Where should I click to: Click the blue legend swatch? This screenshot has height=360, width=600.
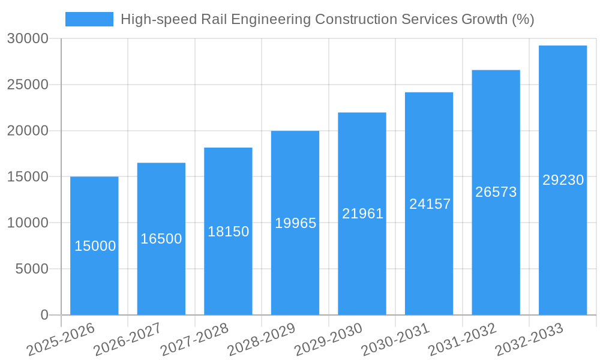[89, 19]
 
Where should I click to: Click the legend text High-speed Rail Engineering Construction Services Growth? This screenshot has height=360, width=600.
[327, 19]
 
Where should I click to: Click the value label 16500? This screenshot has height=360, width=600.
[161, 239]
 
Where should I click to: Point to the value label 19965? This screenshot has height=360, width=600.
[295, 223]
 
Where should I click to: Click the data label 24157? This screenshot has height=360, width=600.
[430, 204]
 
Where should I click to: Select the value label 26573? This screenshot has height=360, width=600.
[496, 192]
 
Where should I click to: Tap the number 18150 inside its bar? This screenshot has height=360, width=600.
[228, 232]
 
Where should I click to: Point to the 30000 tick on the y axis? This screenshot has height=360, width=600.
[28, 38]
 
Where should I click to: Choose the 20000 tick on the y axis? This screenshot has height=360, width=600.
[28, 131]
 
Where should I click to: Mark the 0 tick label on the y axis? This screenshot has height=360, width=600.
[44, 315]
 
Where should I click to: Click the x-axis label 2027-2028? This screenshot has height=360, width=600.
[194, 340]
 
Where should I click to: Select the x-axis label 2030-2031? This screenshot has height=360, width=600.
[395, 340]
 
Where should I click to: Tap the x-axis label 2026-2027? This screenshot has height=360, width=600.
[127, 340]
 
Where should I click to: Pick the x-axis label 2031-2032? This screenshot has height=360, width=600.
[463, 340]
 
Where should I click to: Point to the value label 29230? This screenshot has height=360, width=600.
[563, 180]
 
